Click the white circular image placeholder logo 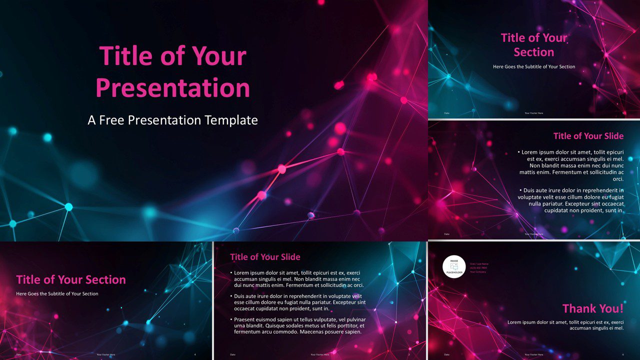click(454, 266)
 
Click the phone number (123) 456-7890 click(477, 268)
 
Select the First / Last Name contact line click(479, 263)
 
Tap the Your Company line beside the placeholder click(478, 272)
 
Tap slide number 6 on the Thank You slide click(623, 354)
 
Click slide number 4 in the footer click(195, 354)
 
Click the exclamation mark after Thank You click(621, 308)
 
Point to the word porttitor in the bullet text click(344, 325)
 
